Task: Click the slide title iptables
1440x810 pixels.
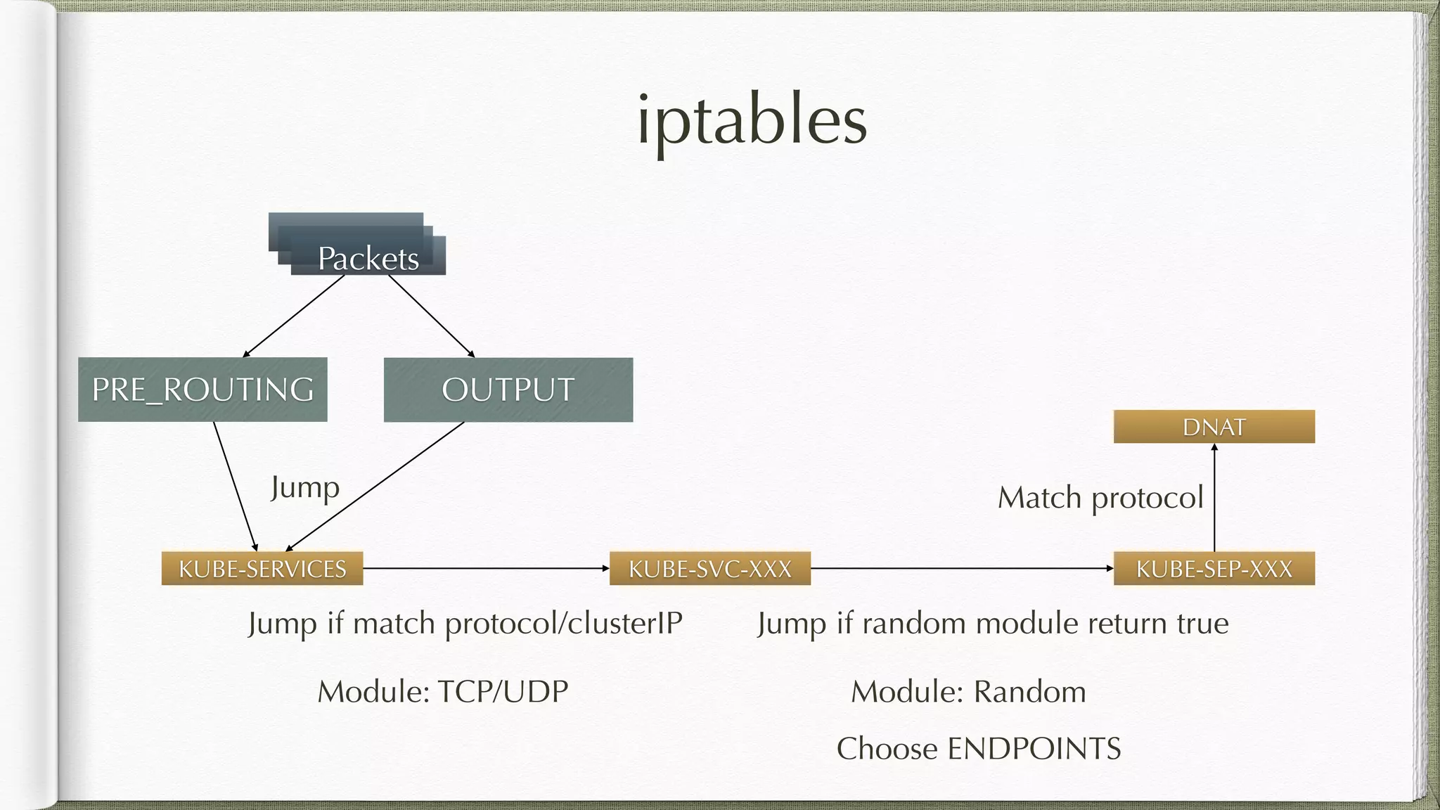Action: click(x=752, y=121)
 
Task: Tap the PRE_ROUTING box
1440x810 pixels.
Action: click(x=202, y=390)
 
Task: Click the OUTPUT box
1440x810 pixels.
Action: click(x=508, y=390)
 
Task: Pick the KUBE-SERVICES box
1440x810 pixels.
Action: click(x=262, y=568)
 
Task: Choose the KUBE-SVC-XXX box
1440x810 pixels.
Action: click(x=709, y=568)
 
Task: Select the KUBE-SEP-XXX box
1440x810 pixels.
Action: click(x=1214, y=568)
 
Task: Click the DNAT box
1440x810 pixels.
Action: click(x=1214, y=427)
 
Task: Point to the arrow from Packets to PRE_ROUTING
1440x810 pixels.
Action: click(x=294, y=316)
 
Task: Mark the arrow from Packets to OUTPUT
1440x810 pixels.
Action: click(x=431, y=316)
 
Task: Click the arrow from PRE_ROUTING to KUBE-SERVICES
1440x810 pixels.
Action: click(x=235, y=485)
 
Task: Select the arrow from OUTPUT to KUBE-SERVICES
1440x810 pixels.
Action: click(x=375, y=486)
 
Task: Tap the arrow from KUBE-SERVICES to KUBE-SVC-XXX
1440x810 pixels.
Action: click(x=486, y=568)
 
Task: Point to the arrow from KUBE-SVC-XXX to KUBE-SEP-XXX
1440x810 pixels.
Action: click(x=962, y=568)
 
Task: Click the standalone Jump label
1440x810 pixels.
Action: click(x=305, y=487)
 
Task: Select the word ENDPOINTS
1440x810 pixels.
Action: click(x=1034, y=749)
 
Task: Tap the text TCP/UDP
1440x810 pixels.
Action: click(x=503, y=692)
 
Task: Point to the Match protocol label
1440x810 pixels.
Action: click(x=1100, y=498)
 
